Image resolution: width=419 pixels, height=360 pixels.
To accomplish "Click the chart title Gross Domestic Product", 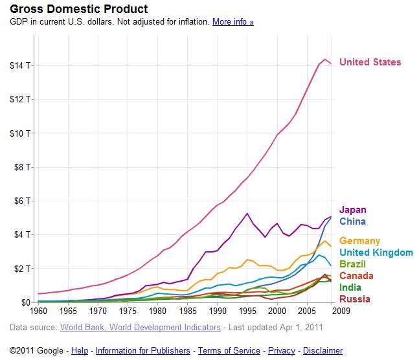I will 75,9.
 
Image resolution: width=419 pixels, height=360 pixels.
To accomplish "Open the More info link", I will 233,22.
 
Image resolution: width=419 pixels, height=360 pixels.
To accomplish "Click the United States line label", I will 370,62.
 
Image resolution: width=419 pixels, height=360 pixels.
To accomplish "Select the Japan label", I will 352,210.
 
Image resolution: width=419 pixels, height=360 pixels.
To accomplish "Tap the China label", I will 352,222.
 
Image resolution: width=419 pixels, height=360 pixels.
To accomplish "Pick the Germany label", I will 359,241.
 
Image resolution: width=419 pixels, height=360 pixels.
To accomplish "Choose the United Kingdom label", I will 376,253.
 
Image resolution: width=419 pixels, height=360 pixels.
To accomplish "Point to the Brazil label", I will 352,264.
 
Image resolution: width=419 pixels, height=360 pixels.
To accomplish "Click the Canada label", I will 356,276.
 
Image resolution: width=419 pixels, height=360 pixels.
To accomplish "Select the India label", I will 350,287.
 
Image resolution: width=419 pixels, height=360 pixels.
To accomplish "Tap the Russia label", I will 354,299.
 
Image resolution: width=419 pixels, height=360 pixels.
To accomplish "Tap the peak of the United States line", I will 324,60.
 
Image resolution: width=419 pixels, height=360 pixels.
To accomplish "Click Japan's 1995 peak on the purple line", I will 247,214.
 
